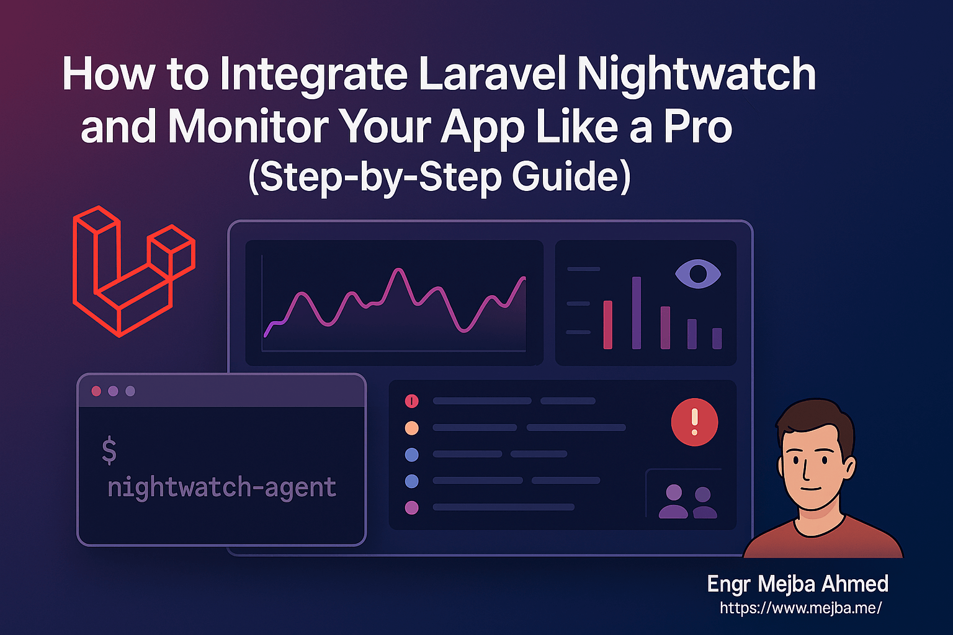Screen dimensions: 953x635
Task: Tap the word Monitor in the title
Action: pos(248,127)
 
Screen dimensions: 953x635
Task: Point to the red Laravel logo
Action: pos(133,272)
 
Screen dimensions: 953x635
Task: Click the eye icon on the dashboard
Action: pos(698,274)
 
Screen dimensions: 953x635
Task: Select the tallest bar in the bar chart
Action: pos(637,313)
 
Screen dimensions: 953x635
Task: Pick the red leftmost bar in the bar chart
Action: pos(608,325)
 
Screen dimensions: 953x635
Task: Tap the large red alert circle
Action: pos(694,422)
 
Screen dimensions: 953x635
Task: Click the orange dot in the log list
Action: pos(411,428)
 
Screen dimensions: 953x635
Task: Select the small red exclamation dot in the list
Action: pos(411,401)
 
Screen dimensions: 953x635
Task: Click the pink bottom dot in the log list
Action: pos(411,508)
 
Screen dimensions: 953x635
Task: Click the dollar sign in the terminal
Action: pos(109,450)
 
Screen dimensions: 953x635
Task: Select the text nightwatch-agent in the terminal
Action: pos(221,487)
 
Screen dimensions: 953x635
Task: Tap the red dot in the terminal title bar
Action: pos(96,391)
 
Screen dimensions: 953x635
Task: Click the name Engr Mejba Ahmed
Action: pos(798,584)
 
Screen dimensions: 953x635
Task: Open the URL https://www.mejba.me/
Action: pos(801,608)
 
